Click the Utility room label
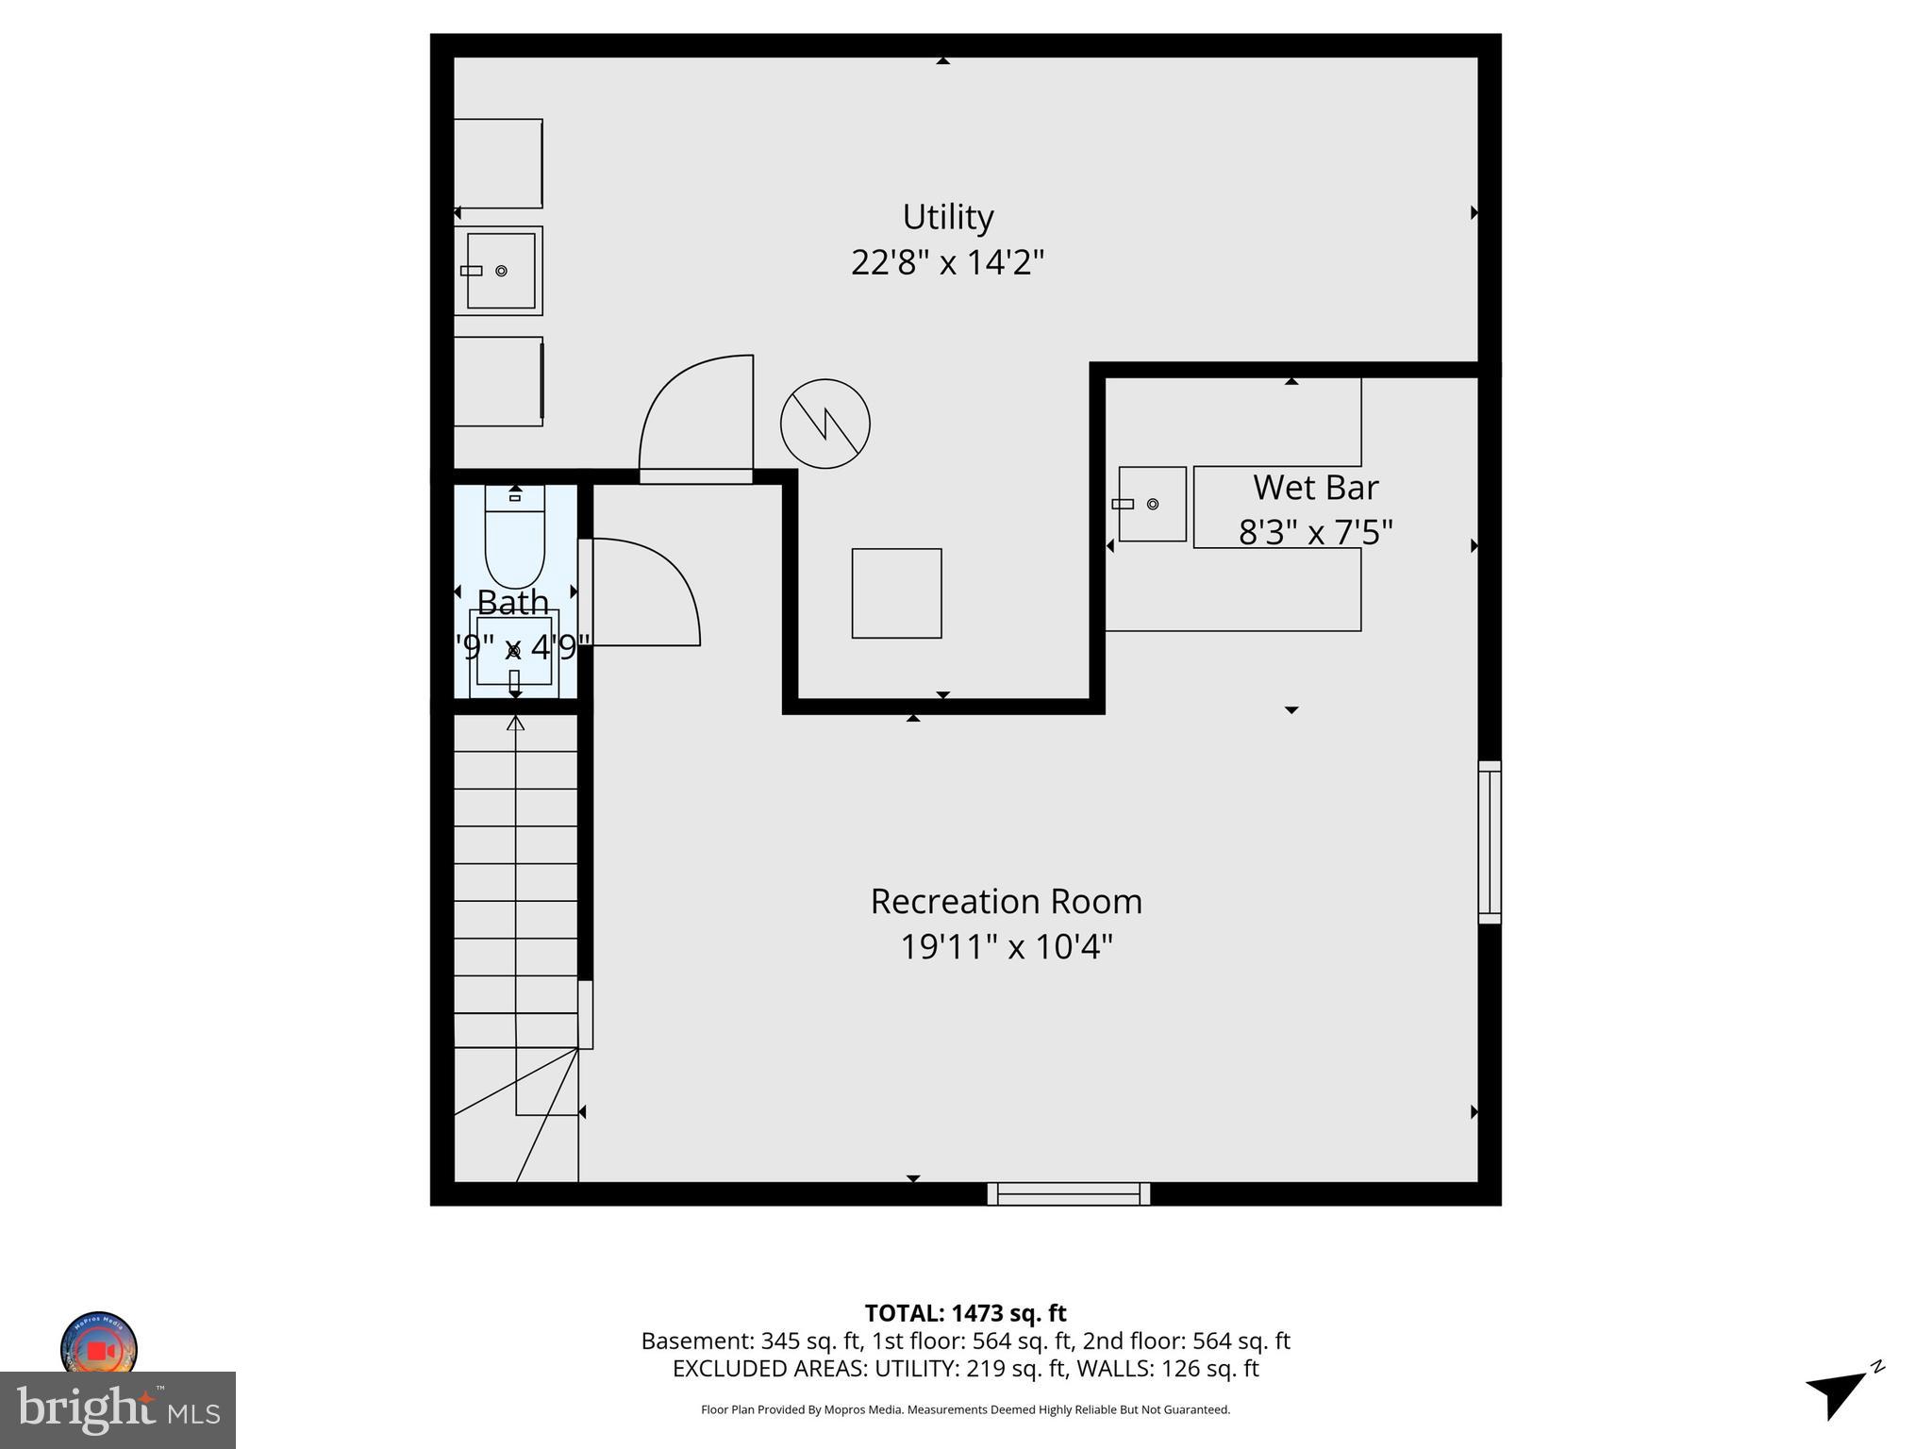tap(947, 217)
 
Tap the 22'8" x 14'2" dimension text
tap(947, 262)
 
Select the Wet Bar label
tap(1315, 488)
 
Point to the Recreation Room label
tap(1006, 902)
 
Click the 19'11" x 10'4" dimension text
tap(1006, 946)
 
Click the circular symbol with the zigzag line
tap(824, 424)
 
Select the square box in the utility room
tap(896, 593)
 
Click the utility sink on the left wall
tap(500, 271)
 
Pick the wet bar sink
tap(1152, 504)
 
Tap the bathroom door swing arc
tap(646, 591)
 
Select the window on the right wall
tap(1489, 841)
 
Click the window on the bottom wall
tap(1068, 1193)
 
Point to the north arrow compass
tap(1840, 1391)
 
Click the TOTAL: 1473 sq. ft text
tap(965, 1313)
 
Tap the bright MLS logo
tap(118, 1409)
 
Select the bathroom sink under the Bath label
tap(514, 651)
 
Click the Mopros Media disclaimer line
tap(965, 1409)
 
